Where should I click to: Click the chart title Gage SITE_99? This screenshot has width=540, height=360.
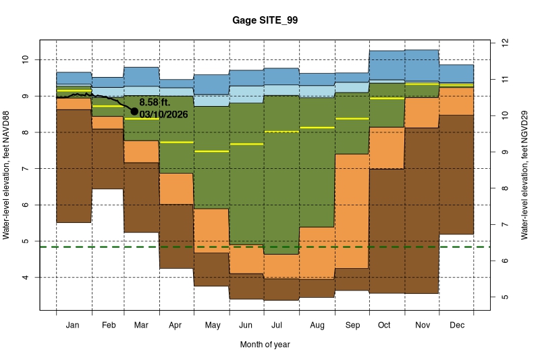click(x=269, y=20)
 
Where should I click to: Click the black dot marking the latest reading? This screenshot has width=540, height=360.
click(x=134, y=111)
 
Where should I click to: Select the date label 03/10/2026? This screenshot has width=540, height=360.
click(x=163, y=114)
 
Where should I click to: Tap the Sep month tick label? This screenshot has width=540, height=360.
click(x=352, y=326)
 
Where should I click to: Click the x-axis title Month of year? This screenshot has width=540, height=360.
click(x=265, y=344)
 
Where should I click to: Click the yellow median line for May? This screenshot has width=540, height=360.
click(x=211, y=151)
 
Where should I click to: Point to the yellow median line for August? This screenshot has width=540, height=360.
click(x=317, y=128)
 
